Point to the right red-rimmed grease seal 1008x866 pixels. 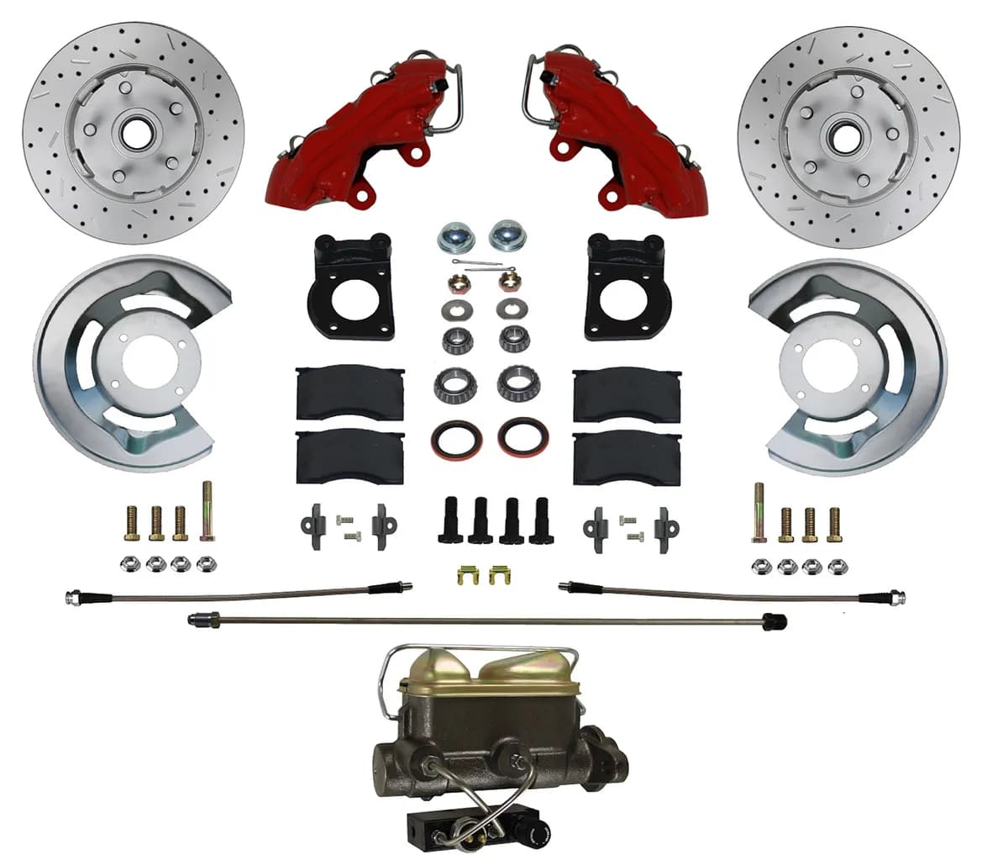tap(522, 437)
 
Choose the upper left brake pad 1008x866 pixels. tap(350, 393)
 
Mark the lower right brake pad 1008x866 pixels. tap(626, 458)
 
